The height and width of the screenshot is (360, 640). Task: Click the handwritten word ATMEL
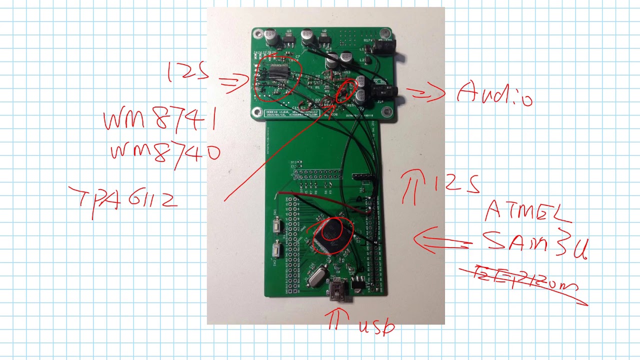[x=527, y=212]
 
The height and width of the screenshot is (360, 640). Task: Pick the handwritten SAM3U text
[x=535, y=244]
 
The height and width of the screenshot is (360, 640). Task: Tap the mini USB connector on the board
[x=340, y=289]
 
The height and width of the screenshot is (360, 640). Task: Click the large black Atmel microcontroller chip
[x=332, y=235]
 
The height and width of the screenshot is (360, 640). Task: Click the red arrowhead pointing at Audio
[x=435, y=92]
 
